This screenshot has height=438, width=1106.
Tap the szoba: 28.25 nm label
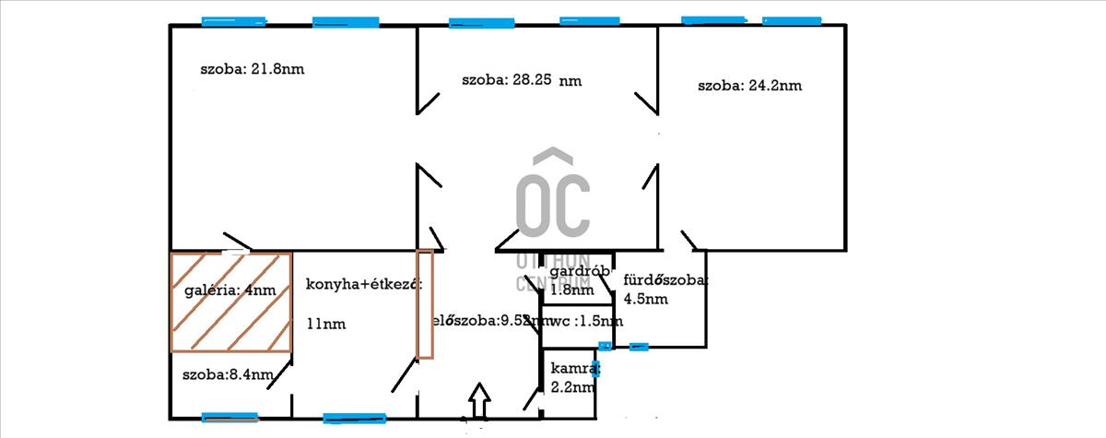point(522,80)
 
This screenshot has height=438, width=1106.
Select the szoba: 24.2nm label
point(749,86)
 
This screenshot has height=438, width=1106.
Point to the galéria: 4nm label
point(224,290)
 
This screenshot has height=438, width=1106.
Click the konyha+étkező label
point(363,284)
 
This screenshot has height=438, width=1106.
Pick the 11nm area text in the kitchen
point(325,325)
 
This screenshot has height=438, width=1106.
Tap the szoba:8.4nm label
point(228,374)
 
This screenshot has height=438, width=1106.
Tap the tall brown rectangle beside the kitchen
point(425,303)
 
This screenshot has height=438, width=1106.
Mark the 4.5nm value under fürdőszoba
point(645,298)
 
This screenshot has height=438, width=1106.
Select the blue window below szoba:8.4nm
point(230,417)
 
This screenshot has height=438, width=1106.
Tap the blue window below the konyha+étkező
point(355,419)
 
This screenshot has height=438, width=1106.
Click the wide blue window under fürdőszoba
point(638,347)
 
